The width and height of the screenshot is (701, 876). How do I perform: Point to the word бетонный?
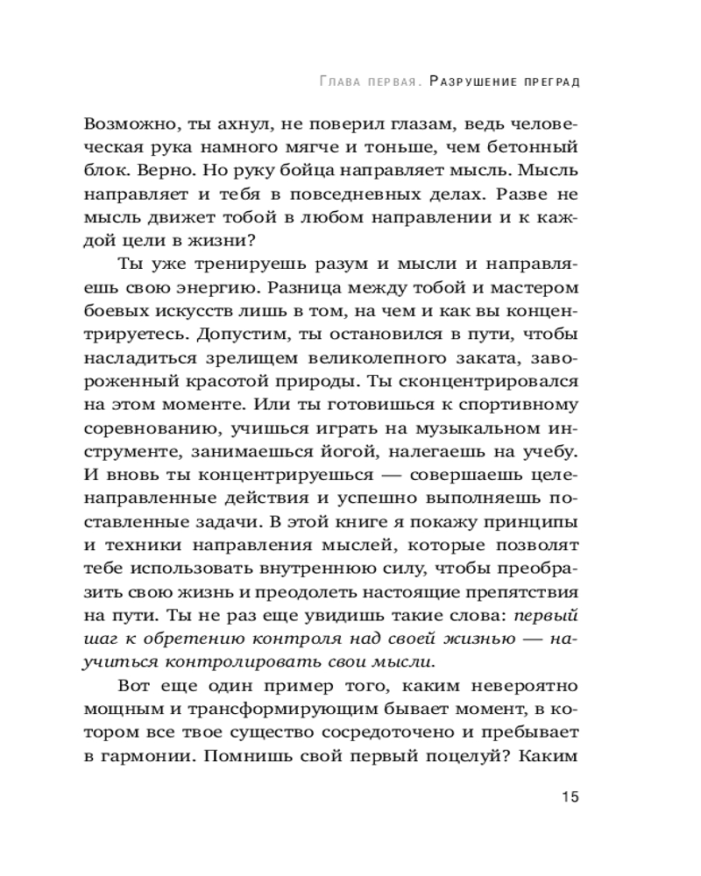pyautogui.click(x=528, y=146)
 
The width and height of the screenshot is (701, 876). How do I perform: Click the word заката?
pyautogui.click(x=481, y=357)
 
